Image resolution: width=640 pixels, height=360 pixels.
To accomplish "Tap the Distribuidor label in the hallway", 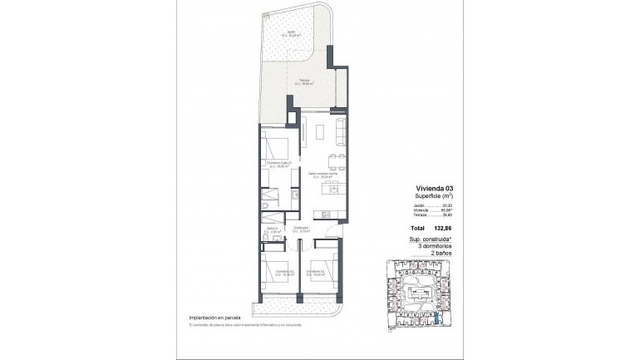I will point(301,229).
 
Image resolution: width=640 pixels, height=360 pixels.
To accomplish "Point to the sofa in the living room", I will point(340,131).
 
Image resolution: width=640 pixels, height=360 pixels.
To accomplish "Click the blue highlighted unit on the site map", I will point(437,317).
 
